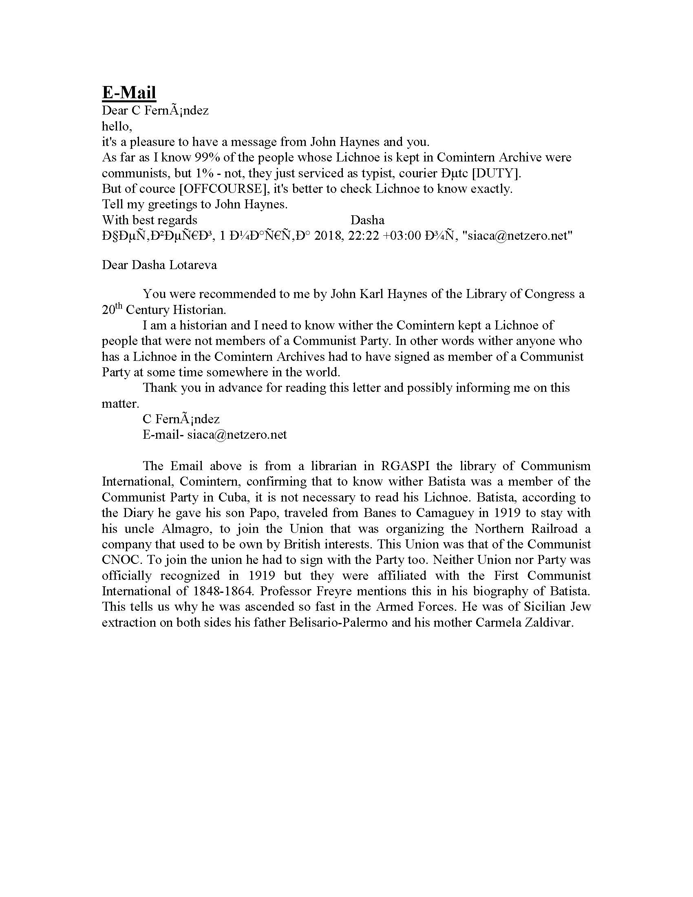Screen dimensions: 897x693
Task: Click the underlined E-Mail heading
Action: [129, 92]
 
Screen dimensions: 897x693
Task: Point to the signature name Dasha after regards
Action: [367, 220]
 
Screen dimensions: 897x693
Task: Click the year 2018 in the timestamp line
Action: [330, 236]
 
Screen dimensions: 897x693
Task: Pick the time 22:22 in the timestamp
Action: [363, 236]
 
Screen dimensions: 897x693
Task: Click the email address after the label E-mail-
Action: [237, 435]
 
